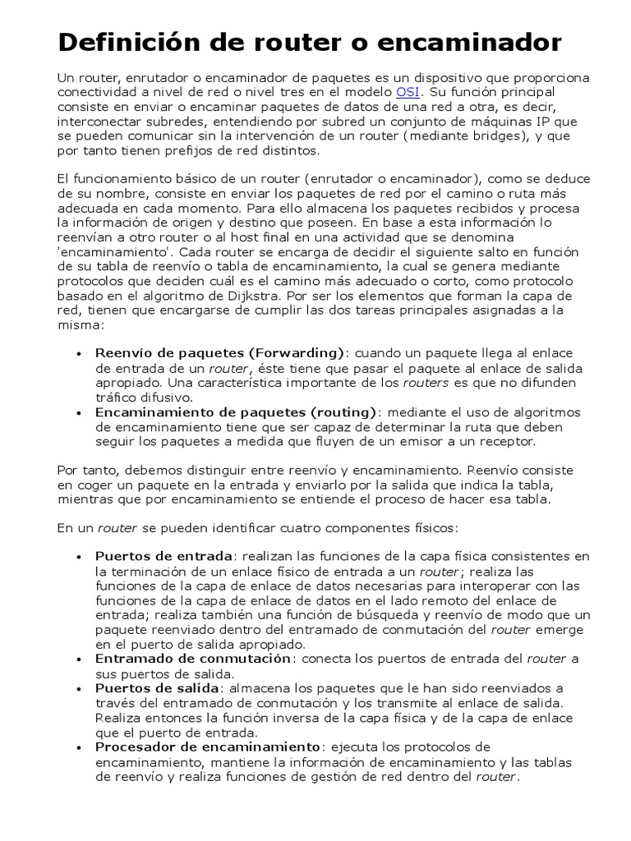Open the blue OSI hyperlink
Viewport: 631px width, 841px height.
click(408, 92)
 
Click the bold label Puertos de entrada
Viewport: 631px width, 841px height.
click(165, 557)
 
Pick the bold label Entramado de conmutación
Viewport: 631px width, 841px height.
click(193, 659)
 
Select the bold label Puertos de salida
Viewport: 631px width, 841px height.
click(157, 688)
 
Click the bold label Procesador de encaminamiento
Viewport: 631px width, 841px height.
click(208, 747)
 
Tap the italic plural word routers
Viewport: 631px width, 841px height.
click(426, 383)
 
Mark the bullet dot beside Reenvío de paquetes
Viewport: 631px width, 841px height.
click(79, 354)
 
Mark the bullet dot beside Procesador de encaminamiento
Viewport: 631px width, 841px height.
click(79, 747)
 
